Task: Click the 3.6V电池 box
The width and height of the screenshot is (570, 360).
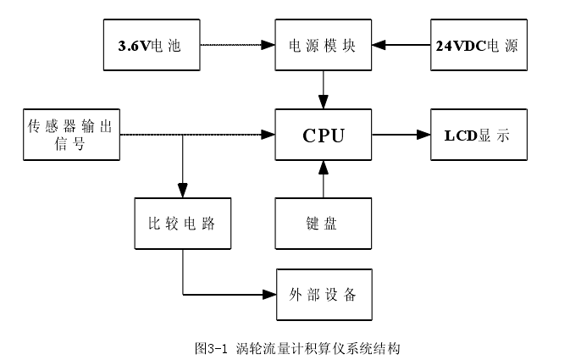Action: (150, 44)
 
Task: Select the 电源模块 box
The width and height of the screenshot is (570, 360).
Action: (323, 44)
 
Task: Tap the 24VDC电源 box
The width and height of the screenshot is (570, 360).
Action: (477, 44)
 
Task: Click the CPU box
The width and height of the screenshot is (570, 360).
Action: (323, 134)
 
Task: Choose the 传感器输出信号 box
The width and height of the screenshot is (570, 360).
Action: (70, 134)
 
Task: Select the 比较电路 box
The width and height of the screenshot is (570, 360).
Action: (182, 224)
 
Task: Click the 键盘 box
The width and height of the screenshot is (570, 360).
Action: (323, 224)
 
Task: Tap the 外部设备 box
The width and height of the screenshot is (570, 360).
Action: (323, 295)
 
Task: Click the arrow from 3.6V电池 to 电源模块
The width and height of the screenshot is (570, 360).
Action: (237, 44)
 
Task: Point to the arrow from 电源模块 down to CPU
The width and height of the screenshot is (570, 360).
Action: (323, 87)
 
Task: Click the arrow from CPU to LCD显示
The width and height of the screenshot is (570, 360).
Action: (400, 134)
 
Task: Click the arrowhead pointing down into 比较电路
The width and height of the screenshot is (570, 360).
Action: (182, 191)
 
